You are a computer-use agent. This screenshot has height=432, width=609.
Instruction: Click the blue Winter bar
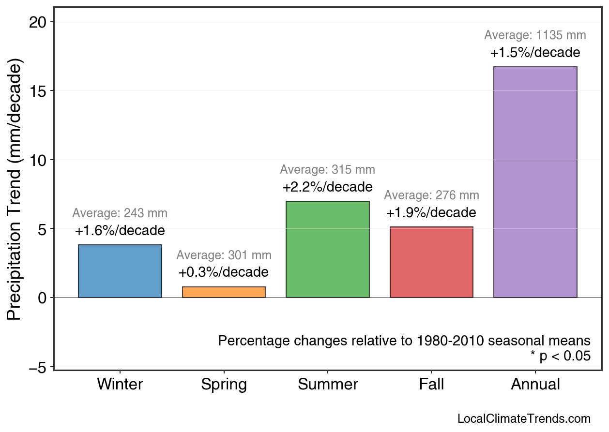120,271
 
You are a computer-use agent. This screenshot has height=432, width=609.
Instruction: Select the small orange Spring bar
224,292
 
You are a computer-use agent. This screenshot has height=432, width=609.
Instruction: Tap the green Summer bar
328,249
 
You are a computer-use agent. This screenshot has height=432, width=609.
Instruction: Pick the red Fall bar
431,262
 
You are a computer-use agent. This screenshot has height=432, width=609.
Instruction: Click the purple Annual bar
535,182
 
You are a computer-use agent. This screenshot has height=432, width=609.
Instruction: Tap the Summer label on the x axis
328,385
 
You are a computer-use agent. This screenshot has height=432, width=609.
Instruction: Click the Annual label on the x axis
535,385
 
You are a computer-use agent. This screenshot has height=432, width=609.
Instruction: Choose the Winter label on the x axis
120,385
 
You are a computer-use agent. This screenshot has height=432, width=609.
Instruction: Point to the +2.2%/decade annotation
328,187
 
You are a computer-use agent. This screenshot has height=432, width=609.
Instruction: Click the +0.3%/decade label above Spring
224,272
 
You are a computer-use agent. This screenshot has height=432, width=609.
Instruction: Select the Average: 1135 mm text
535,35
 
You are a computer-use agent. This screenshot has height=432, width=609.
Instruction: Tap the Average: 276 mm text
431,195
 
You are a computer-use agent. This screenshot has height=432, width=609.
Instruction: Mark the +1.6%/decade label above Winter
120,231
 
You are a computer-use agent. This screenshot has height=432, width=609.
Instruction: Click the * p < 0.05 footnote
560,356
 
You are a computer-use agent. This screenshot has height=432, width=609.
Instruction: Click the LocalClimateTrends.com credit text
524,419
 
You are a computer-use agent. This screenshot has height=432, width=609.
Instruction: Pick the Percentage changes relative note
404,341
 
